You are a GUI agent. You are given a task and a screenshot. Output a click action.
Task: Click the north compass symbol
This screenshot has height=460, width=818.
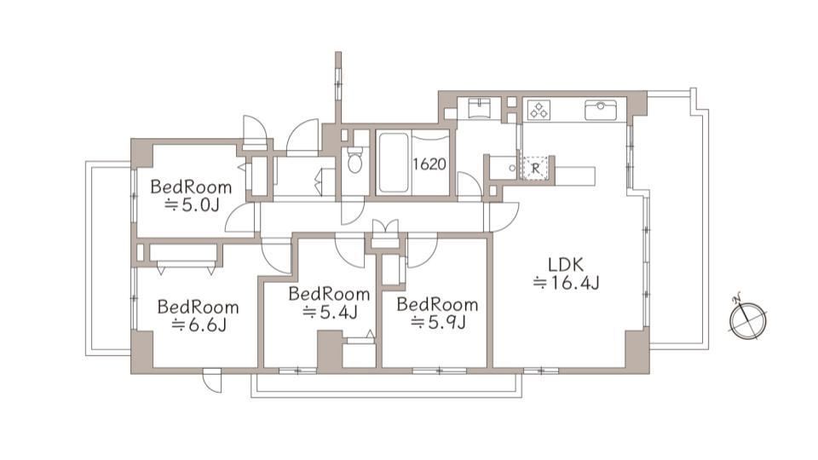748,319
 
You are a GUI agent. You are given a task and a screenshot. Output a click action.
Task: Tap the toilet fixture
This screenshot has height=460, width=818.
354,159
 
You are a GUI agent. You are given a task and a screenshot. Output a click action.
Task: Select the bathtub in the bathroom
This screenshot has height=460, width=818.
394,162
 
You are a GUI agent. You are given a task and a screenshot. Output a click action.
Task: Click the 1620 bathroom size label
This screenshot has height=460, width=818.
429,164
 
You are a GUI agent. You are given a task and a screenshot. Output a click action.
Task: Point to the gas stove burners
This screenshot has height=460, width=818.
539,110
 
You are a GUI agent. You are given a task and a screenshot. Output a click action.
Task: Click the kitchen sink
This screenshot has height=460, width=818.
601,110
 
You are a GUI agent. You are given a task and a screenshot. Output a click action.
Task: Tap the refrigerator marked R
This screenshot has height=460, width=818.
535,168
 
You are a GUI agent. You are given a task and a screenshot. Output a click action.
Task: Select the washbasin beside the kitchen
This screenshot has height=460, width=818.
478,108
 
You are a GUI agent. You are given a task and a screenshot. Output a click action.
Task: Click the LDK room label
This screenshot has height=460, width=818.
566,264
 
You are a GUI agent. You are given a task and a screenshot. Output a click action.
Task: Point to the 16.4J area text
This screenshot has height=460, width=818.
566,283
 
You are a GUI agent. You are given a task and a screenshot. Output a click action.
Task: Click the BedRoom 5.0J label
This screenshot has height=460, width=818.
191,196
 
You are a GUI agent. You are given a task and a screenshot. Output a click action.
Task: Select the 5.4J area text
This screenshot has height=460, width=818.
330,313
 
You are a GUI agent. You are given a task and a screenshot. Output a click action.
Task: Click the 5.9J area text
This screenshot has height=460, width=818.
438,323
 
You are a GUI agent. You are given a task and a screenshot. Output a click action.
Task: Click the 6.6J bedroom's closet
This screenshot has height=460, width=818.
183,254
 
